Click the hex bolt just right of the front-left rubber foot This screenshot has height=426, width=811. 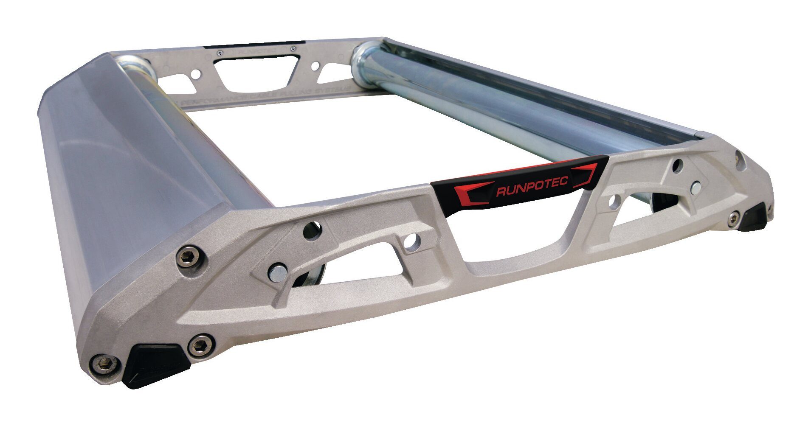(200, 345)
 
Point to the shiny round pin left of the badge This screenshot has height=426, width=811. (277, 272)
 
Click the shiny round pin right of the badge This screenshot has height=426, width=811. (696, 187)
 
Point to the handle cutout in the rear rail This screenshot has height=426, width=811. (254, 73)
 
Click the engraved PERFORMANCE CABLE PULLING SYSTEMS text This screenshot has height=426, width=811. (263, 96)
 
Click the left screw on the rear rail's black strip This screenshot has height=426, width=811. (219, 53)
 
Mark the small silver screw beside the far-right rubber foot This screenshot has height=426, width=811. (733, 218)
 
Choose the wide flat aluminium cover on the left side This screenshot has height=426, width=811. (127, 178)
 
